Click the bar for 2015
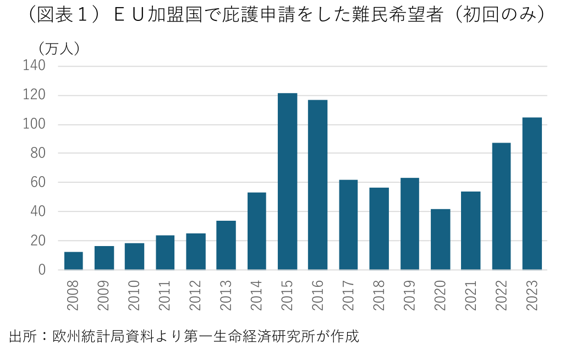pos(287,182)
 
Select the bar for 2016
pos(318,185)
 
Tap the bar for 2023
pos(532,194)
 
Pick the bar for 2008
pos(74,261)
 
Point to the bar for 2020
pos(440,239)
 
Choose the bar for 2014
pos(257,231)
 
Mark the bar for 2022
pos(501,206)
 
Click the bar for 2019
pos(410,224)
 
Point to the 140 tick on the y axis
pos(34,66)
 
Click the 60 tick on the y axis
pos(37,182)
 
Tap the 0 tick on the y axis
pos(41,270)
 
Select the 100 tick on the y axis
pos(34,124)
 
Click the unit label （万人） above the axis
pos(59,48)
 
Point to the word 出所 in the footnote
pos(21,336)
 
